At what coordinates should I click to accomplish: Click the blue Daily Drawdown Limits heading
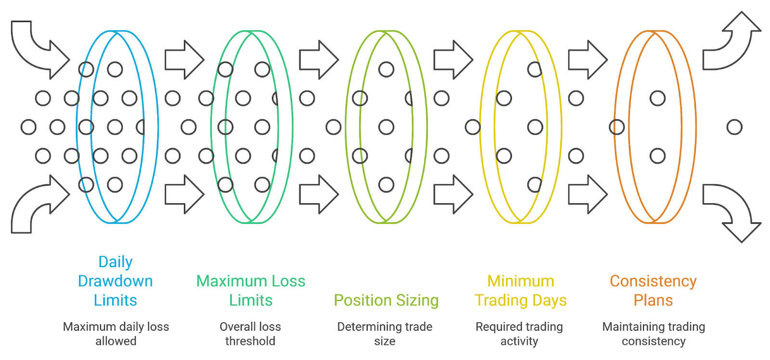(115, 281)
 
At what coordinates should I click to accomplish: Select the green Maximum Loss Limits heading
(251, 290)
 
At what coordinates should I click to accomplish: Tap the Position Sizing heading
(386, 300)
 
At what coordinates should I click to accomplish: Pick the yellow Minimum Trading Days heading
(521, 290)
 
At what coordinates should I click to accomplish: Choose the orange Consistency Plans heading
(653, 290)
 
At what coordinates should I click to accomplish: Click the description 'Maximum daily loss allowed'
(116, 334)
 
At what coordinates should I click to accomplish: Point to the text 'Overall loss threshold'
(250, 334)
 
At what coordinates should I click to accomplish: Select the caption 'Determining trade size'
(385, 334)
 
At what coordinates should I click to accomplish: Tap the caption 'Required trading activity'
(519, 334)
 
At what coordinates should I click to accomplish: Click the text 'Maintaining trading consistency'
(654, 334)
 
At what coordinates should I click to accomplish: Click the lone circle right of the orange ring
(734, 127)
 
